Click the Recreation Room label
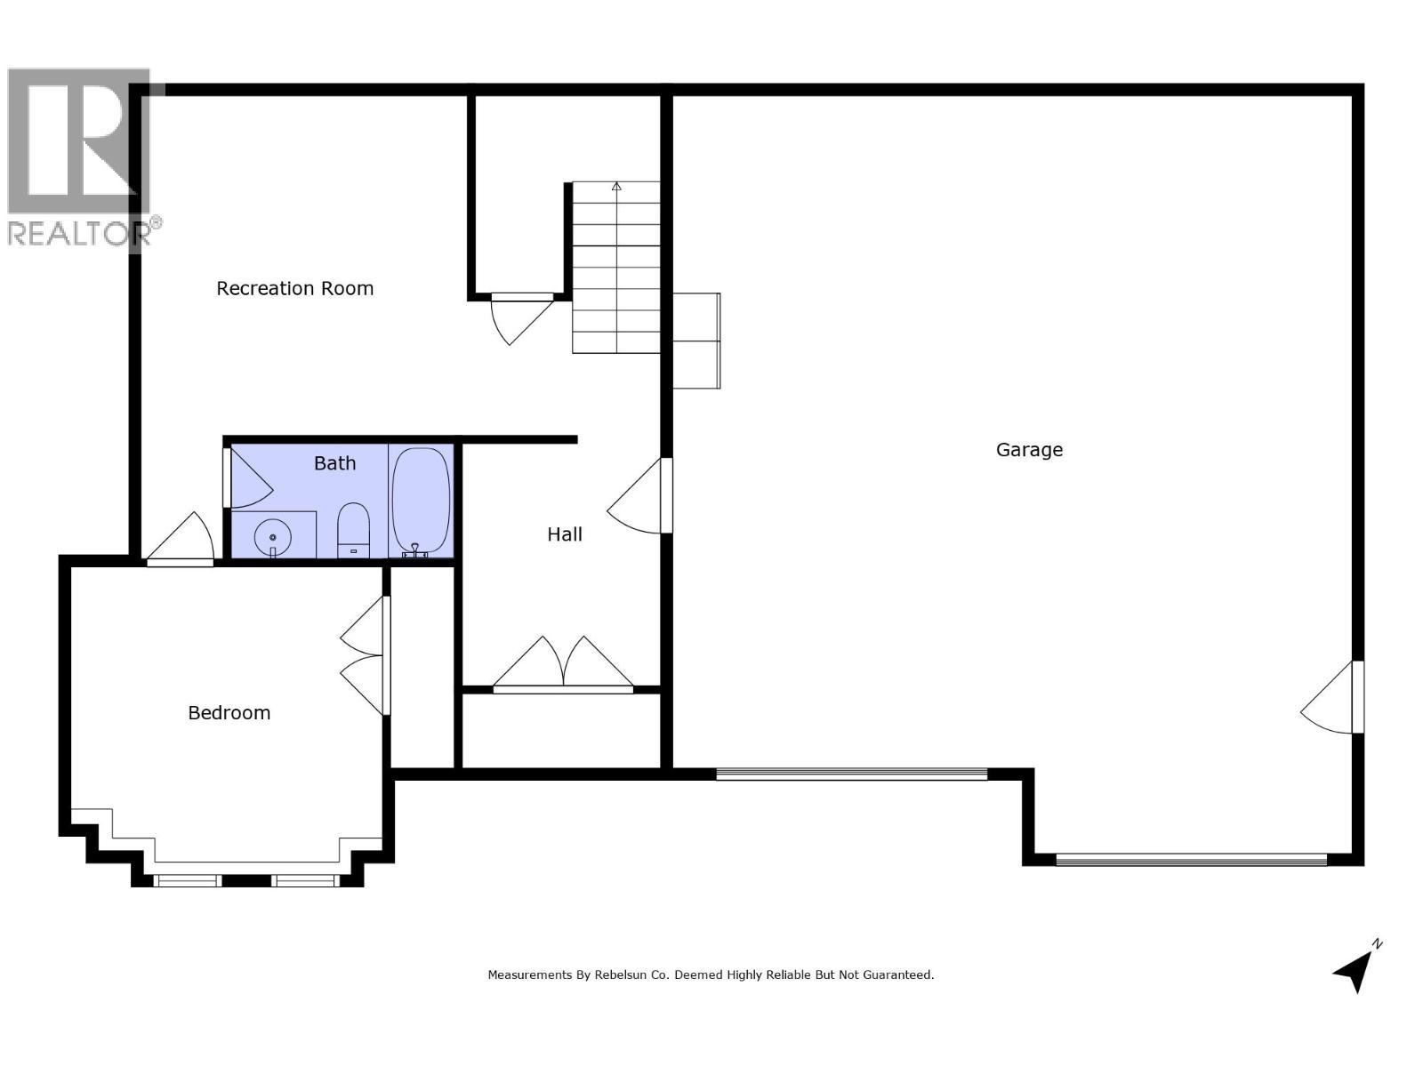point(294,288)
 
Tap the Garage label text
point(1029,450)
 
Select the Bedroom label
point(229,713)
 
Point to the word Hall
point(565,534)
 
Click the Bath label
point(334,463)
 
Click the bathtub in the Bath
point(422,501)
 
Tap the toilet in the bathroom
point(353,530)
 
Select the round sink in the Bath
point(272,537)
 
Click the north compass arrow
point(1355,968)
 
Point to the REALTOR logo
point(80,156)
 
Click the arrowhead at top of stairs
point(616,187)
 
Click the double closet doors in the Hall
point(563,665)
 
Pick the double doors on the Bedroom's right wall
point(365,656)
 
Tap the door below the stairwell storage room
point(520,317)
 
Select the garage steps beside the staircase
point(695,341)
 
